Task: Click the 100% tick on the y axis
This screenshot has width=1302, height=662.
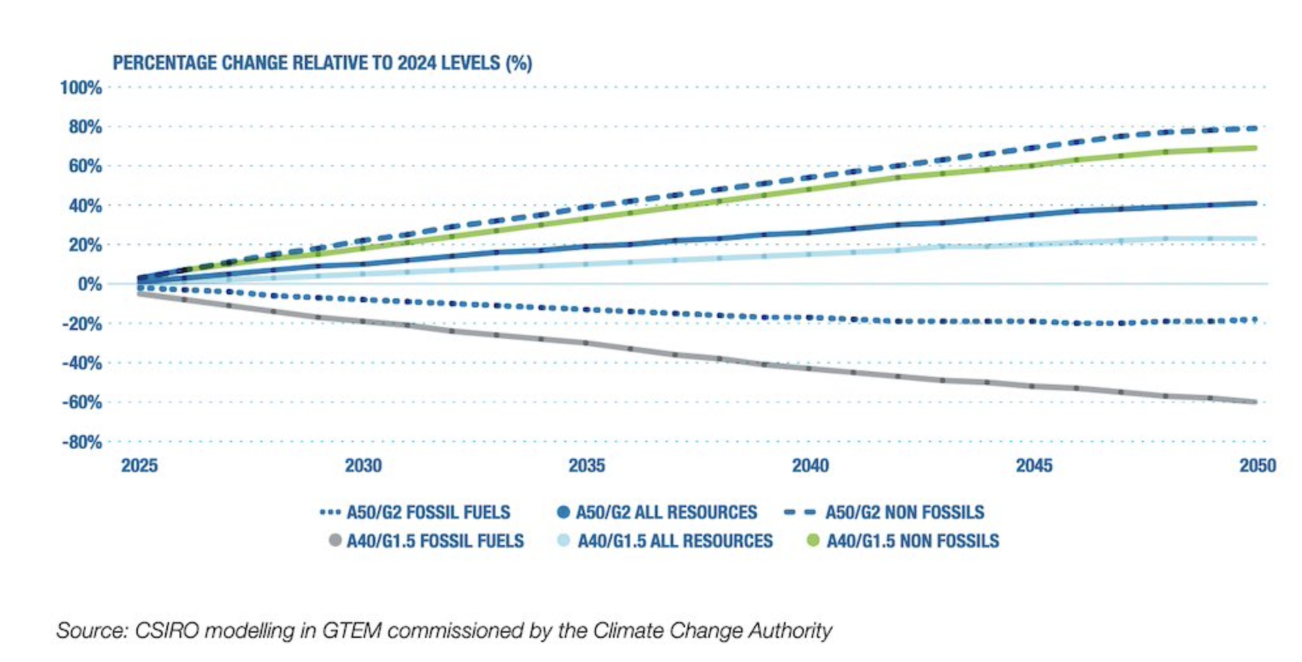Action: coord(81,87)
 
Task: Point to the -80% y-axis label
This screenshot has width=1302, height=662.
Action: coord(82,442)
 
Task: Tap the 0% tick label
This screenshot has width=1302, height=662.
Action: coord(89,284)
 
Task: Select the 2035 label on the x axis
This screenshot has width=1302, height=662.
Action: coord(586,465)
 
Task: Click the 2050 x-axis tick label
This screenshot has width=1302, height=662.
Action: coord(1257,465)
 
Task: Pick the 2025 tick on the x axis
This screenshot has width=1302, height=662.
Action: coord(139,465)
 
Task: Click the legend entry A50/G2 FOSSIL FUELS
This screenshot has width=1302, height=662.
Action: coord(428,512)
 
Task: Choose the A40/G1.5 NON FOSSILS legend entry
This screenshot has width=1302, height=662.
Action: coord(912,541)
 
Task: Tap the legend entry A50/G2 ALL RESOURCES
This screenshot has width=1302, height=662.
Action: coord(666,512)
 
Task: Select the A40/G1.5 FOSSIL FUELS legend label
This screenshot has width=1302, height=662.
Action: coord(435,541)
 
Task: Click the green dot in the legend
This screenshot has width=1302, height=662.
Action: coord(813,541)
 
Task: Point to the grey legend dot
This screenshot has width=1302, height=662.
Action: coord(335,541)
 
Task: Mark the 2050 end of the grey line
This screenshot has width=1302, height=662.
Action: coord(1254,402)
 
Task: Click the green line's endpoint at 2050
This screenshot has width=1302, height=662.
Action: coord(1254,148)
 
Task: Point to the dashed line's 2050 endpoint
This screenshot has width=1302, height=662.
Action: coord(1254,129)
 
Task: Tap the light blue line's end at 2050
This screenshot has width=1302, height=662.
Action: coord(1254,239)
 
